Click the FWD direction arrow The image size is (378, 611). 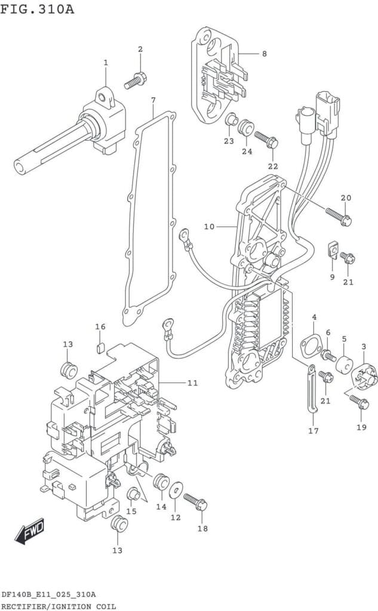point(30,530)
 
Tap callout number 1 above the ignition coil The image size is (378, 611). point(105,62)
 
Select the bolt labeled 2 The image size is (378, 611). point(136,80)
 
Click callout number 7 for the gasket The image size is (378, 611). point(153,100)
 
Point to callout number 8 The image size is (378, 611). point(264,53)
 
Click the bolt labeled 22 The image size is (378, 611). point(266,140)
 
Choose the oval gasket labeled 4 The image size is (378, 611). point(311,344)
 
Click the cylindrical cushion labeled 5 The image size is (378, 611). point(344,365)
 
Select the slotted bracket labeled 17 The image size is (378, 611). point(312,388)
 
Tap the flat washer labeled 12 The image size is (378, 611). point(176,489)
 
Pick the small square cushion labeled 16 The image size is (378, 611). point(100,347)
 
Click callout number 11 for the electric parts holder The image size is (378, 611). point(192,383)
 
